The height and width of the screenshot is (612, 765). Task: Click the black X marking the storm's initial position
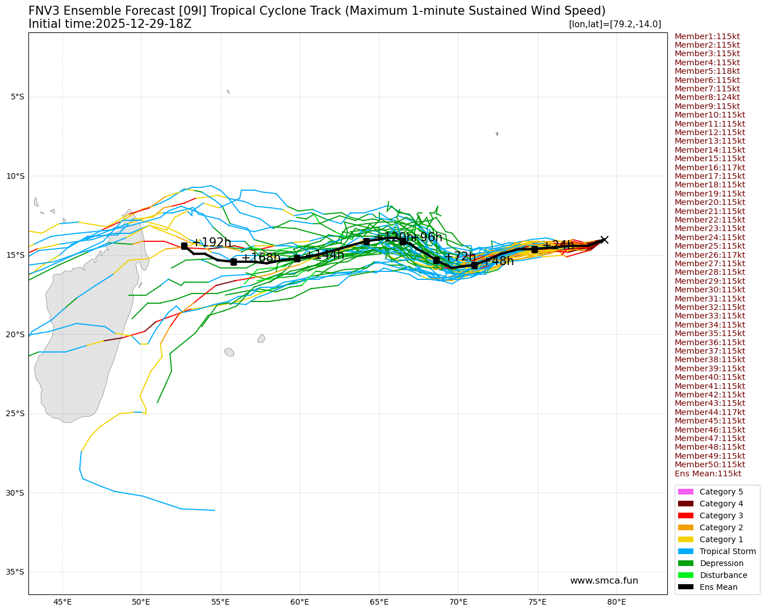[x=604, y=240]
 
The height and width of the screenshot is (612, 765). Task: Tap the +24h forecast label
[x=558, y=245]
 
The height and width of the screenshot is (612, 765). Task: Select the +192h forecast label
[x=211, y=242]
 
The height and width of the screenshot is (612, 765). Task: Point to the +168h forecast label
[x=261, y=258]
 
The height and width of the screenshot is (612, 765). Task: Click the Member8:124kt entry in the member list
[x=707, y=97]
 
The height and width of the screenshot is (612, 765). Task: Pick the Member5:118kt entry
[x=707, y=71]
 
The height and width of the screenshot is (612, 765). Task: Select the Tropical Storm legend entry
[x=728, y=551]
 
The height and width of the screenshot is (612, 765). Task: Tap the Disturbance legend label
[x=723, y=575]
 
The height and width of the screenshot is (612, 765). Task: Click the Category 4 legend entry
[x=721, y=504]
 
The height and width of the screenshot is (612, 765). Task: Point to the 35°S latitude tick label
[x=15, y=572]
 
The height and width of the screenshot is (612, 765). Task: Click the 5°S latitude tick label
[x=18, y=97]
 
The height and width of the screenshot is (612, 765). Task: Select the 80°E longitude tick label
[x=617, y=602]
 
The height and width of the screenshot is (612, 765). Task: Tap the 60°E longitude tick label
[x=299, y=602]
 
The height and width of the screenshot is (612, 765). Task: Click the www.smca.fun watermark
[x=604, y=581]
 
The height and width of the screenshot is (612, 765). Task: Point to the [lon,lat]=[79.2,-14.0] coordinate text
[x=614, y=24]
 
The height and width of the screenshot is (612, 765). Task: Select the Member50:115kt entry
[x=709, y=464]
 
